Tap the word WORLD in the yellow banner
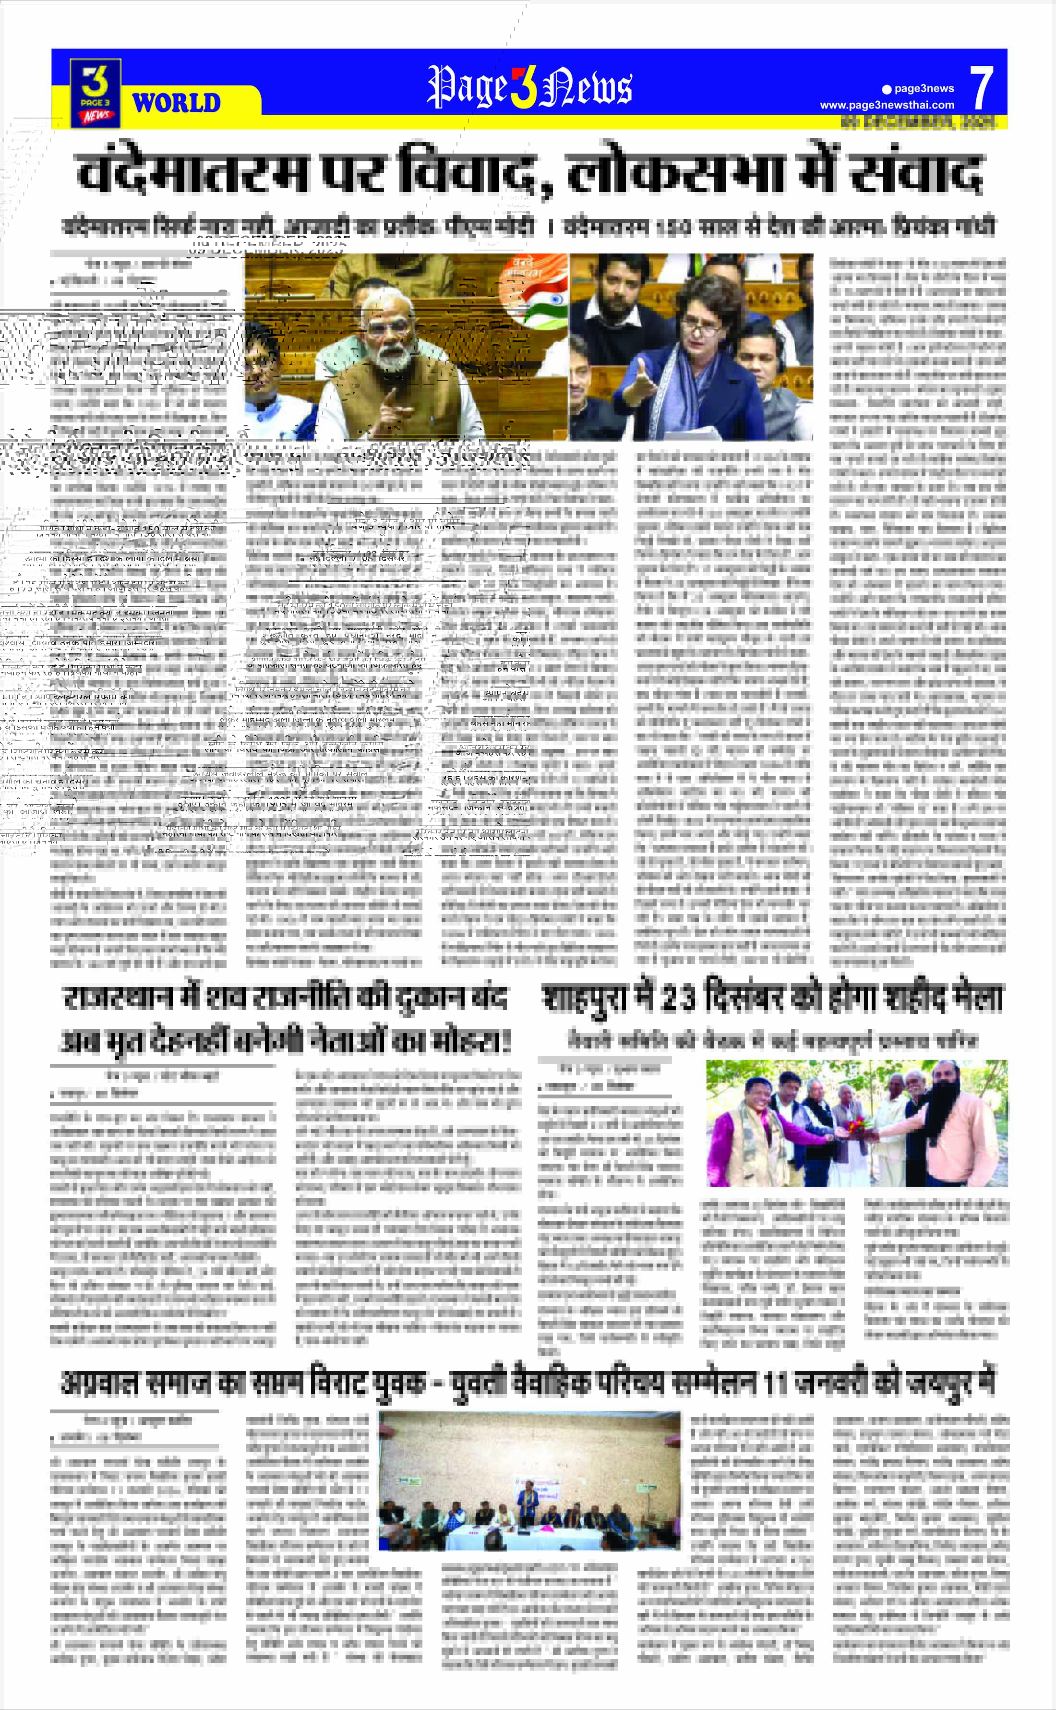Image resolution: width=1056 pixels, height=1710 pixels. coord(177,103)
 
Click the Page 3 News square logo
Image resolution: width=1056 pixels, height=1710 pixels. coord(95,94)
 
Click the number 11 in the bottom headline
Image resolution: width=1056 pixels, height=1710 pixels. coord(777,1383)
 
